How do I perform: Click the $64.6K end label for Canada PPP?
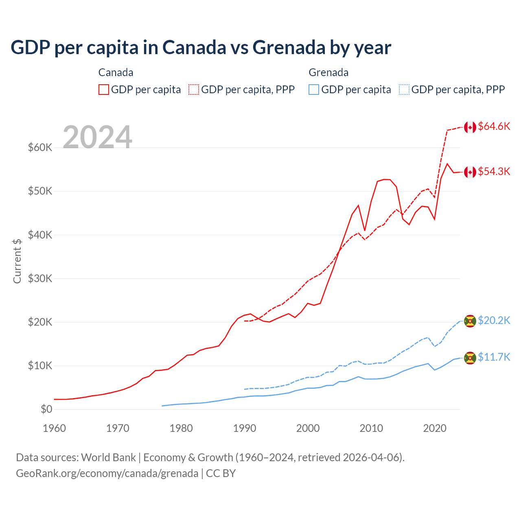[494, 127]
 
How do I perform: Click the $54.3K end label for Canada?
[494, 172]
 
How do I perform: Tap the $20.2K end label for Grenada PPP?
[494, 321]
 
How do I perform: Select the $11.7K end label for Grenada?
[494, 357]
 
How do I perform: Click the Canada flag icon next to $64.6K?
[470, 127]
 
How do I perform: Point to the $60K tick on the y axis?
[40, 147]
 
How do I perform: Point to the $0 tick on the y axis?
[46, 409]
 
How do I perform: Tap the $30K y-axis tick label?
[40, 278]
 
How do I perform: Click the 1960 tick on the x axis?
[54, 428]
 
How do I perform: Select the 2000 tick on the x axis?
[308, 428]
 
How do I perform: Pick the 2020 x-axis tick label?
[435, 428]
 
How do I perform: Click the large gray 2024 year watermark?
[98, 137]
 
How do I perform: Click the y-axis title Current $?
[17, 261]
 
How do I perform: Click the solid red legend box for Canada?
[104, 90]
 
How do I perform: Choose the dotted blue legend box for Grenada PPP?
[404, 90]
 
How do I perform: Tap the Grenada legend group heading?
[328, 72]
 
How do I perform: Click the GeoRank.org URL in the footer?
[107, 473]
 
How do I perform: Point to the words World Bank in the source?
[108, 458]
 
